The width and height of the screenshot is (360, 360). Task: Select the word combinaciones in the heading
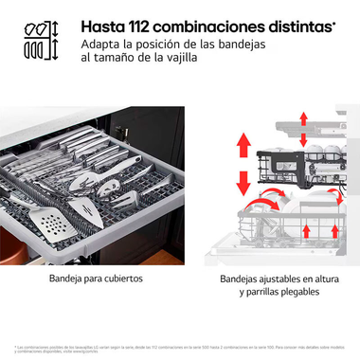(x=224, y=26)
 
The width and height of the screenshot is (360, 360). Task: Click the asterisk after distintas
(x=334, y=22)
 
